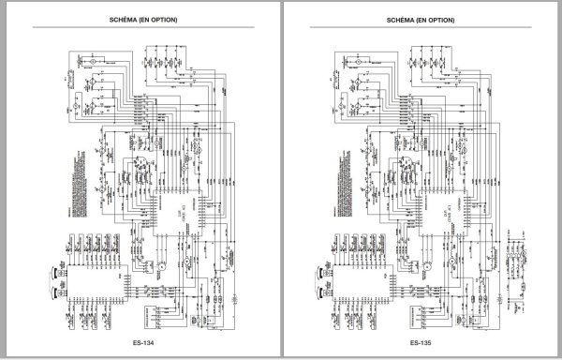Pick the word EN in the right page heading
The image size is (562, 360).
[x=417, y=20]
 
